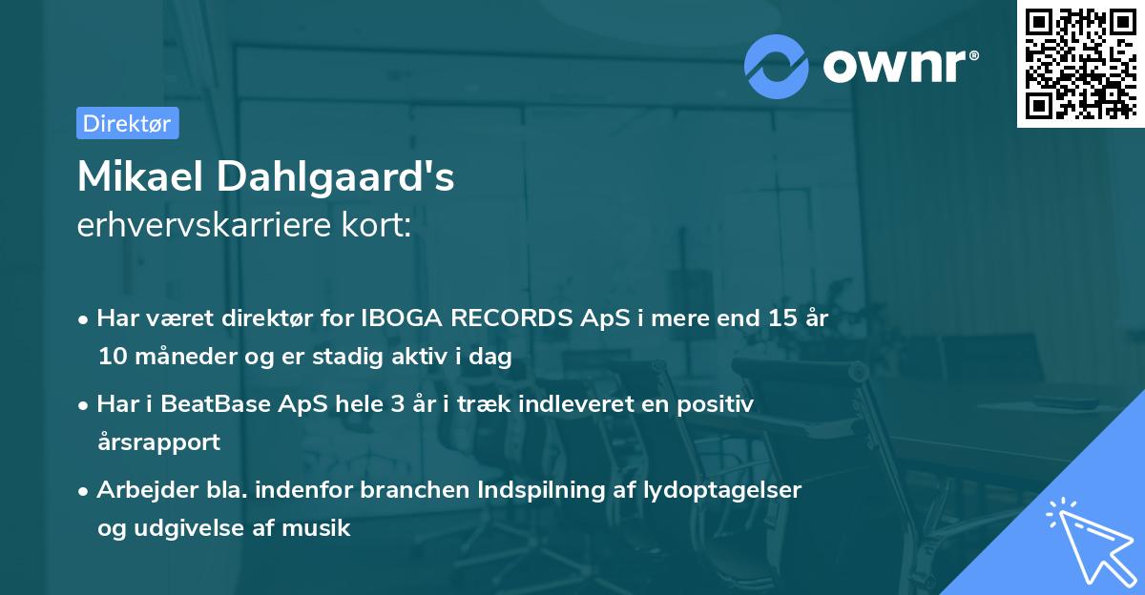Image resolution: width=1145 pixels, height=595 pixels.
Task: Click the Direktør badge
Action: [126, 123]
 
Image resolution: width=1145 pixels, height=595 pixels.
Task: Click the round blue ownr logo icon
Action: [776, 67]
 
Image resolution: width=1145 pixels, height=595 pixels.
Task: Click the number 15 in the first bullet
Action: [768, 318]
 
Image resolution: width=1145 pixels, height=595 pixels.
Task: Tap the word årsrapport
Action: [158, 442]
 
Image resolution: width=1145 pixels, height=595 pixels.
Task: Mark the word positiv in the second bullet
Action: [719, 404]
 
